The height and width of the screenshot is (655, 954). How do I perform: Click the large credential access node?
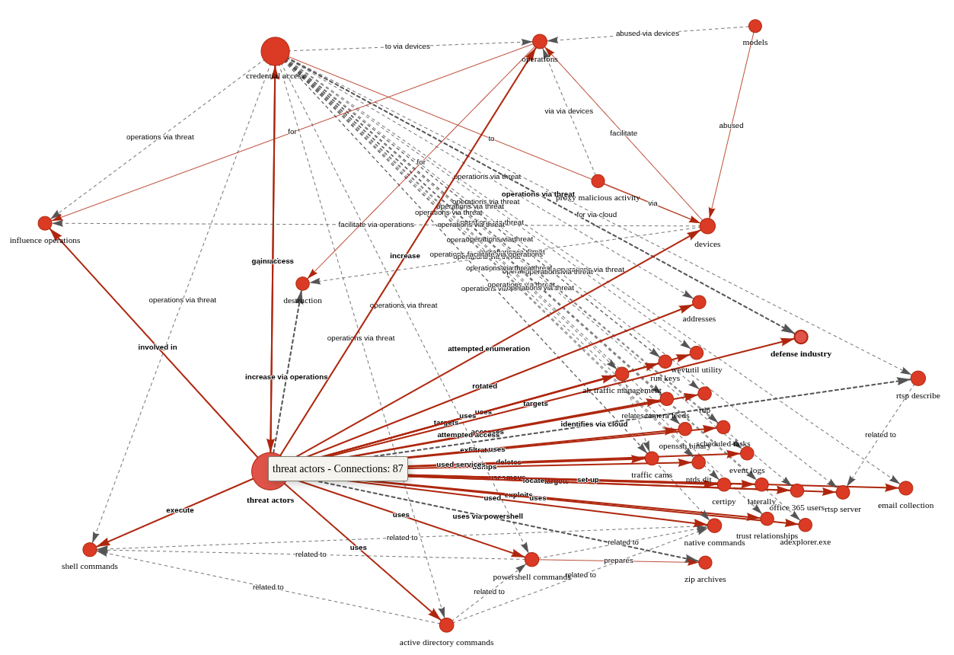point(275,52)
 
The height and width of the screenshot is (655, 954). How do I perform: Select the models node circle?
point(755,26)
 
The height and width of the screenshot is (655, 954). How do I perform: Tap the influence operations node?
point(45,223)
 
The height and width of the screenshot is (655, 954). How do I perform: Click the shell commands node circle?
point(90,549)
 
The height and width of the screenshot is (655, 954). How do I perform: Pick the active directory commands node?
point(446,625)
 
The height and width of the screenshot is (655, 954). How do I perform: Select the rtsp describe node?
point(918,379)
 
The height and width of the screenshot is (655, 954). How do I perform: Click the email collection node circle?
point(905,488)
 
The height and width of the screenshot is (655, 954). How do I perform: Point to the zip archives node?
point(705,563)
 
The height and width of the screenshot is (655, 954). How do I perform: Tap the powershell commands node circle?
point(531,560)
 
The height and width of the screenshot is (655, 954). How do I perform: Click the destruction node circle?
point(303,283)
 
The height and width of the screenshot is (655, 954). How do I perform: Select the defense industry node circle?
point(801,337)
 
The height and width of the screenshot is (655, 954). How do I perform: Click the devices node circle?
point(707,226)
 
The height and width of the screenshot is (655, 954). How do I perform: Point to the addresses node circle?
point(699,302)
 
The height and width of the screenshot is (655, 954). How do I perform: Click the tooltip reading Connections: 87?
point(338,469)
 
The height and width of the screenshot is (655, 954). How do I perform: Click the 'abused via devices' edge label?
point(647,34)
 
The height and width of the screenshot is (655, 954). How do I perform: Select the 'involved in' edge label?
point(158,347)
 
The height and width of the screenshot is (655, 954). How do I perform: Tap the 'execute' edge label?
point(180,510)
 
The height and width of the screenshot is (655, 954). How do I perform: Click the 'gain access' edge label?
point(273,261)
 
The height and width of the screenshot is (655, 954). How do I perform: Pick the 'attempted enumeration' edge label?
point(489,349)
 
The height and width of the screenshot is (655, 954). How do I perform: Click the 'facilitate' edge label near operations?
point(624,133)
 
